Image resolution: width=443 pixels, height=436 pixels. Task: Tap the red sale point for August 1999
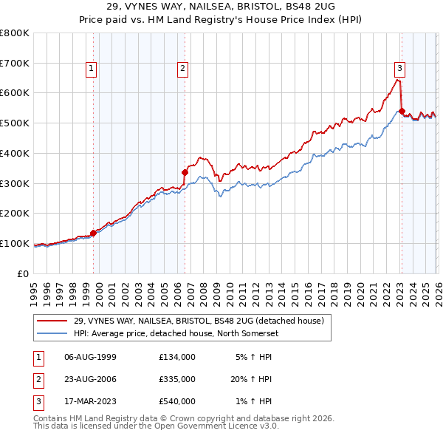coord(94,233)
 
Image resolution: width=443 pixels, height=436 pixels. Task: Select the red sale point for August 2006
coord(185,172)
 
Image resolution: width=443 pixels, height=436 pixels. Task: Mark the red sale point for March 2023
coord(402,112)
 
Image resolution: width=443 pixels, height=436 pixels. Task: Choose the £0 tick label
coord(22,273)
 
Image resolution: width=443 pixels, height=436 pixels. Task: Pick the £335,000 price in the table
coord(177,379)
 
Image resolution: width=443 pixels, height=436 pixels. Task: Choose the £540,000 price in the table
coord(177,401)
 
